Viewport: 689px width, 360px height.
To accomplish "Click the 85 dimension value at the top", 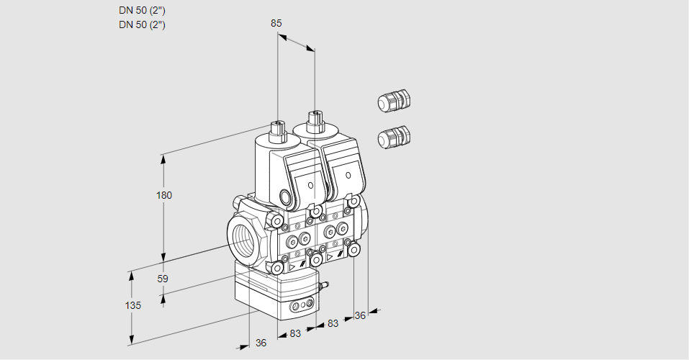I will coord(276,23).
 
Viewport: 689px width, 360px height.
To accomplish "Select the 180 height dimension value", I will coord(165,195).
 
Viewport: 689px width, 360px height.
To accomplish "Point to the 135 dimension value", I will coord(132,305).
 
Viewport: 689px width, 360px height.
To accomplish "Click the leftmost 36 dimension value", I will coord(261,343).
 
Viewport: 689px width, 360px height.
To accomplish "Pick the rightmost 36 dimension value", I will coord(360,315).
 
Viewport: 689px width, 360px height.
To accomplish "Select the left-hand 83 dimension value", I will coord(294,333).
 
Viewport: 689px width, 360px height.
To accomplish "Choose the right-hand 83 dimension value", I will coord(333,324).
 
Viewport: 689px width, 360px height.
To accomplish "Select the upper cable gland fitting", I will coord(393,102).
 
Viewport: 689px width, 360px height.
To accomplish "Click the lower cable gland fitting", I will coord(393,136).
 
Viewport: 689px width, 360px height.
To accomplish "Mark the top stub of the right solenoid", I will coord(314,120).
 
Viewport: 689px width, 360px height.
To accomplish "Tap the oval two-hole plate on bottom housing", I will coord(300,307).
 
